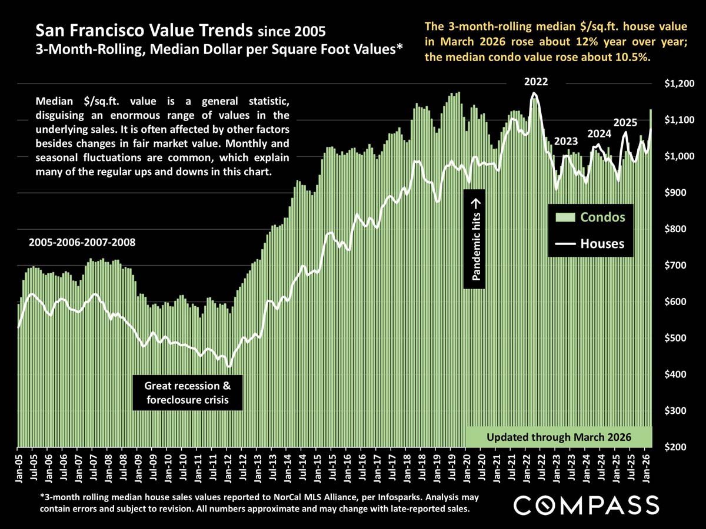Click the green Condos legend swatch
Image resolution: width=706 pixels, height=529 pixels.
[565, 217]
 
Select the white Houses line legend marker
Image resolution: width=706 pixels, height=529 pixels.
[565, 243]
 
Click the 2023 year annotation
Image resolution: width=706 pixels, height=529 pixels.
[565, 141]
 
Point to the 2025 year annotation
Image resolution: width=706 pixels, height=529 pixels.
[625, 123]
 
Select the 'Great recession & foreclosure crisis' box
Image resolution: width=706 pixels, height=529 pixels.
[188, 393]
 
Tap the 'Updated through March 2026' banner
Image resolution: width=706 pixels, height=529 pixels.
[559, 437]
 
